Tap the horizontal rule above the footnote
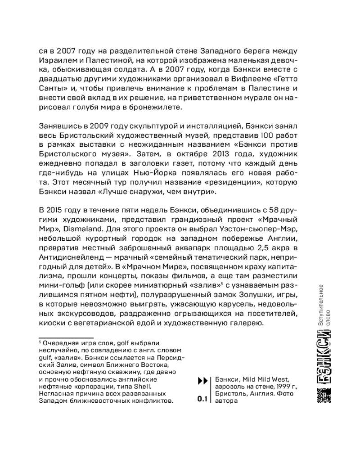click(x=66, y=338)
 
